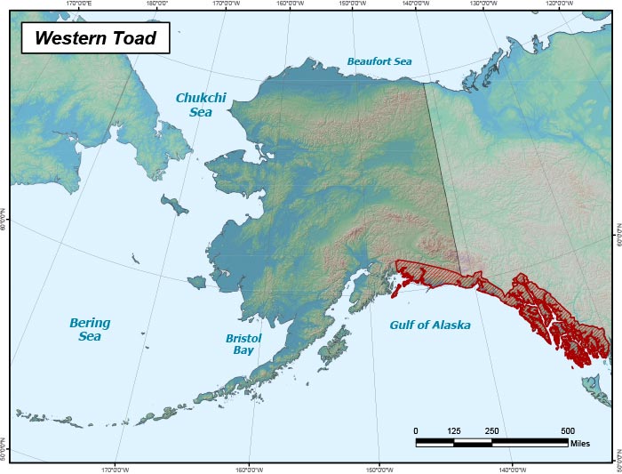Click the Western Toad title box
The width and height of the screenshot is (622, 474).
coord(95,38)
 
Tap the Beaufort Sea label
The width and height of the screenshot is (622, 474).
coord(379,61)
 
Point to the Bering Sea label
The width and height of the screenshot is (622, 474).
coord(90,329)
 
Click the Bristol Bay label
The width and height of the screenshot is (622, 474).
coord(241,344)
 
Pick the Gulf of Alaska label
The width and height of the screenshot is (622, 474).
coord(430,325)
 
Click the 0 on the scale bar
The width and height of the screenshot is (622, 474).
coord(416,431)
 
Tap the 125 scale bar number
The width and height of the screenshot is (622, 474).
coord(454,431)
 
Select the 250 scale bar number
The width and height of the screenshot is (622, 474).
coord(491,431)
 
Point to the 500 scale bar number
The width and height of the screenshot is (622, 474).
coord(568,431)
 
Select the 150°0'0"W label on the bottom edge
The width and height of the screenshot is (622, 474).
coord(379,470)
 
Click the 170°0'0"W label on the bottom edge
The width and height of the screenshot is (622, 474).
coord(116,470)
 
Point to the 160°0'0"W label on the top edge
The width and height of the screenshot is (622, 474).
coord(291,4)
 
